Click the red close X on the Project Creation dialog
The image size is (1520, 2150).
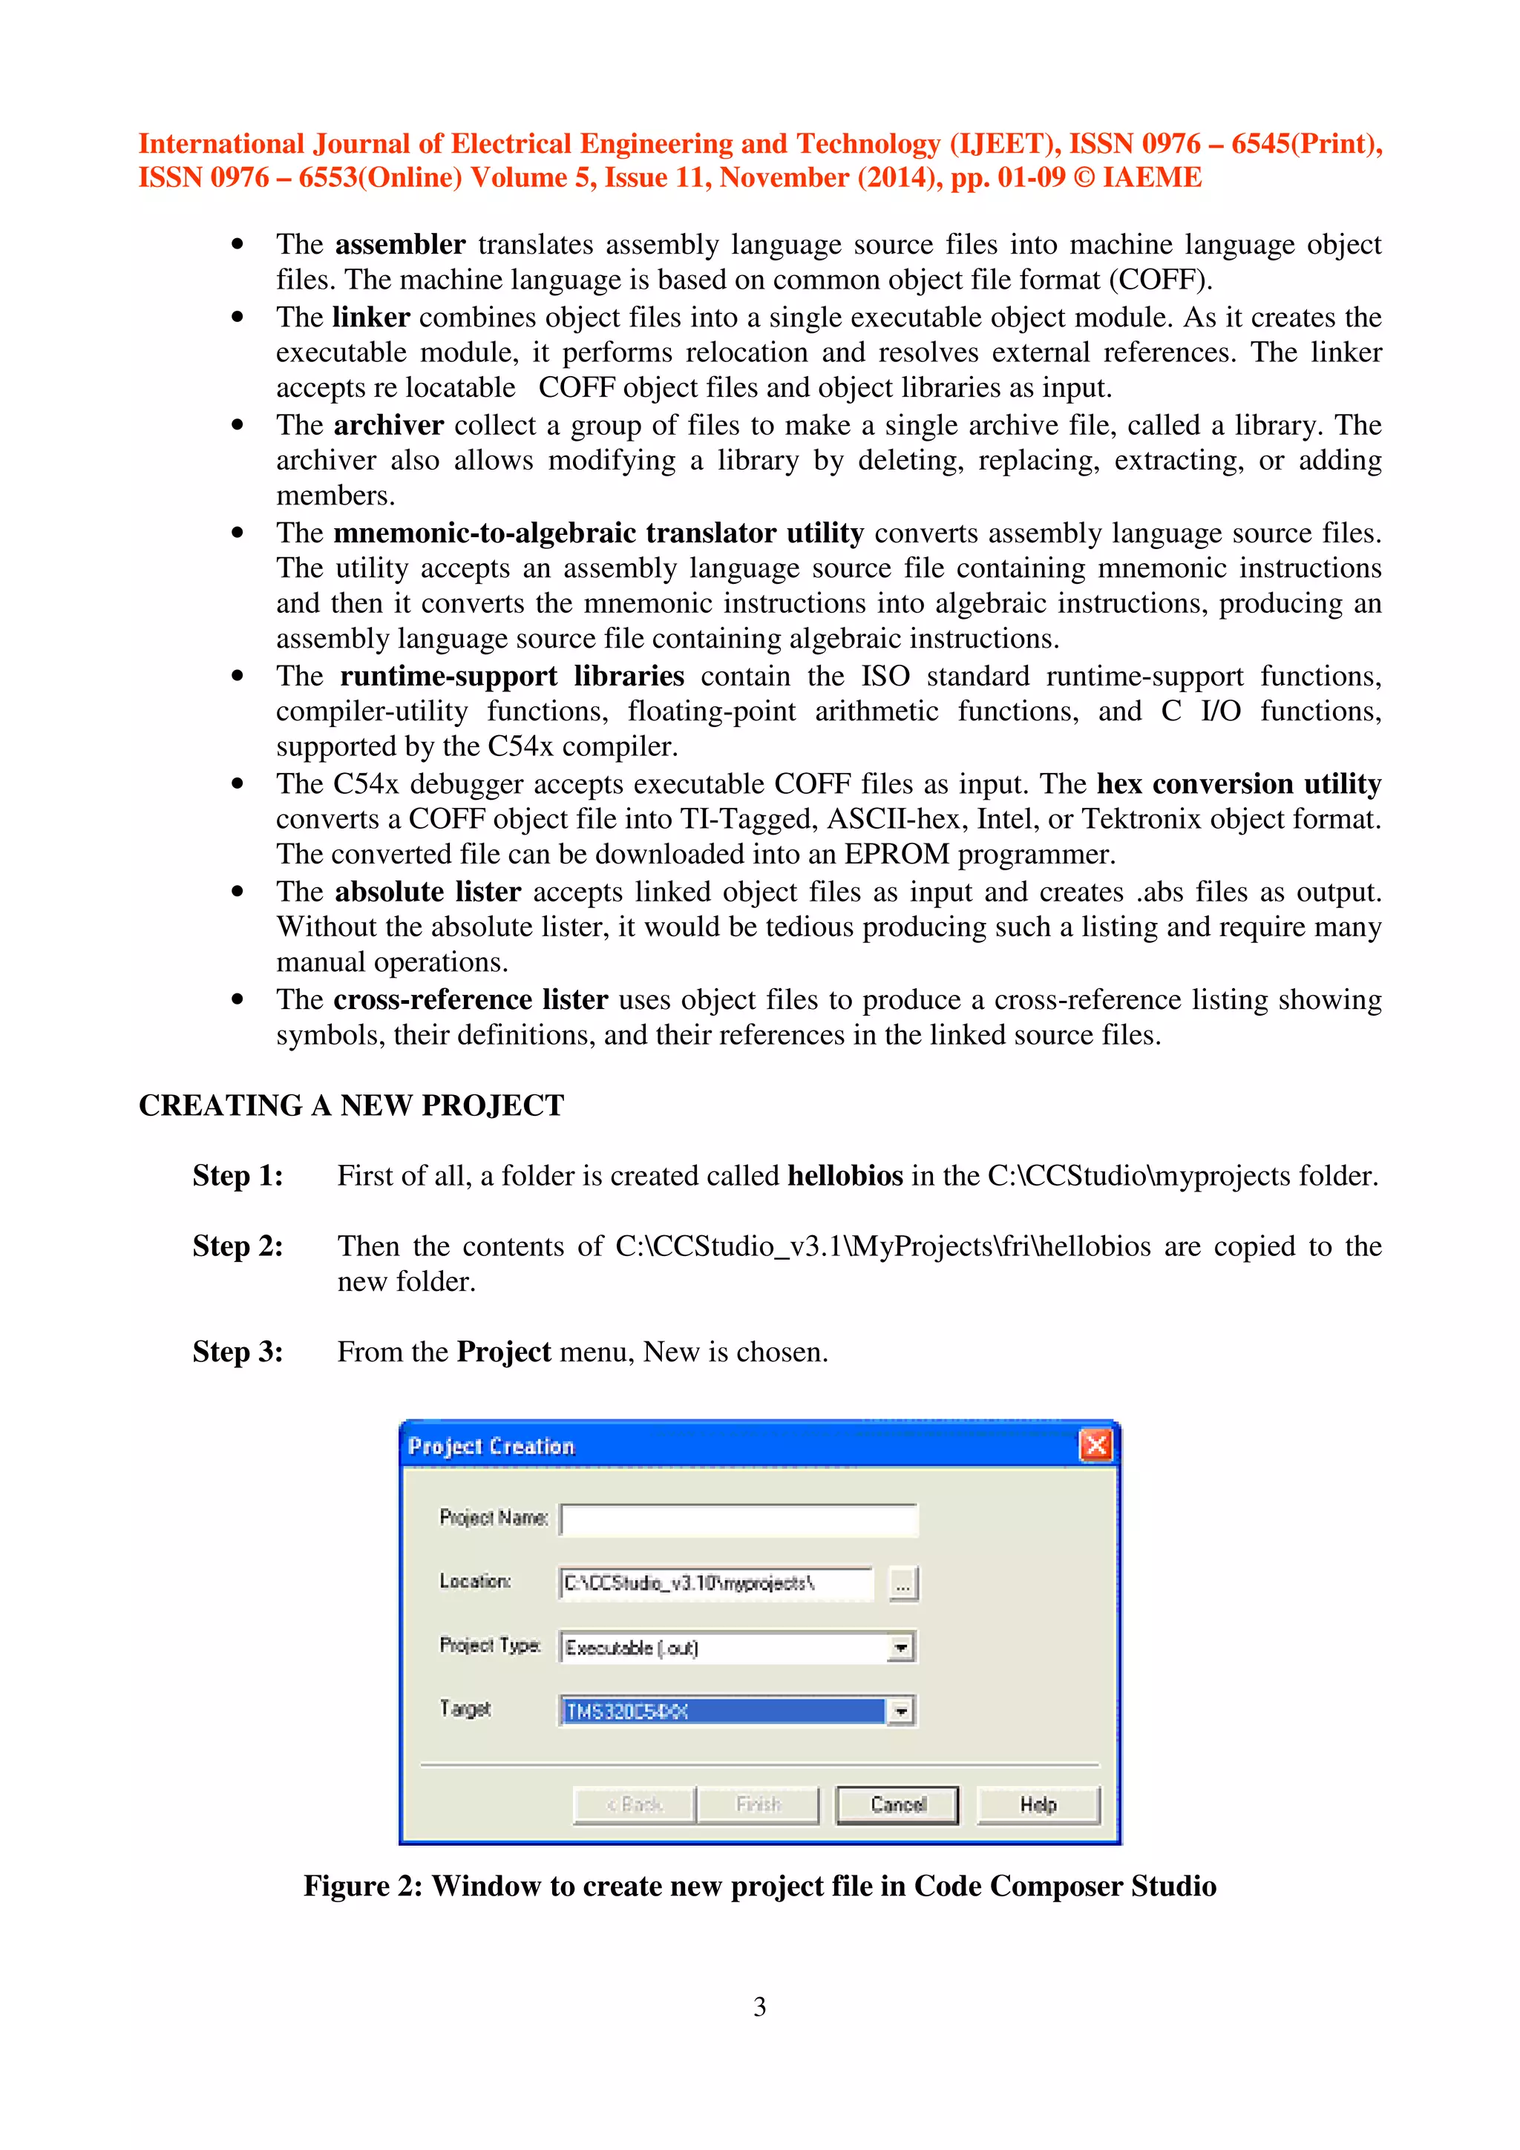coord(1095,1445)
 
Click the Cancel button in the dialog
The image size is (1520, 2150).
coord(897,1804)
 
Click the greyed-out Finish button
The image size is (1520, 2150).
coord(758,1804)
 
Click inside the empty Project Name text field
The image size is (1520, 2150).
coord(739,1519)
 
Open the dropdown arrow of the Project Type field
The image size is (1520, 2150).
coord(900,1647)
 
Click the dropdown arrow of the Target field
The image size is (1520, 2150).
coord(900,1711)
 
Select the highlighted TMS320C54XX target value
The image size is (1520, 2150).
coord(721,1711)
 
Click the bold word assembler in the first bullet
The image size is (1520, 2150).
coord(400,244)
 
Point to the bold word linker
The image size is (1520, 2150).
coord(371,318)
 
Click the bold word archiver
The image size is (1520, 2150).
coord(387,425)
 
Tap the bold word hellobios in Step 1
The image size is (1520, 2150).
coord(845,1175)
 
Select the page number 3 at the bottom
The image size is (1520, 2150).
coord(759,2006)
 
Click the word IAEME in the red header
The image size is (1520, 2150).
coord(1151,177)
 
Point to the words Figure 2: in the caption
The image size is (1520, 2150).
coord(361,1885)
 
